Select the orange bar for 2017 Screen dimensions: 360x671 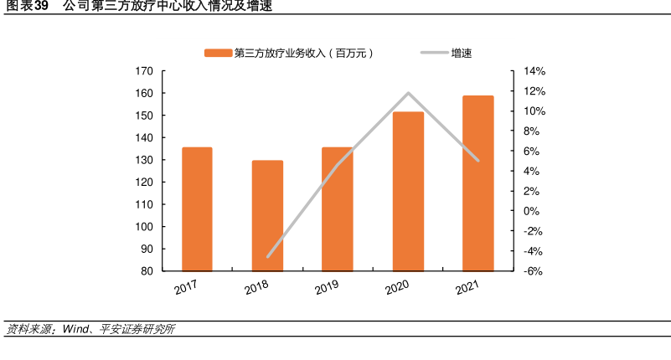197,209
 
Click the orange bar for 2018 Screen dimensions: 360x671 267,215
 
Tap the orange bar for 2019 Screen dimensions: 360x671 337,209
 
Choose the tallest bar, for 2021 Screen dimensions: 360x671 477,183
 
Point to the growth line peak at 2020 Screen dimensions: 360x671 408,93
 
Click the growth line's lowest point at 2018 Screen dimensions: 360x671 267,256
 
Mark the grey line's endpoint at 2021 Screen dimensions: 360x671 477,160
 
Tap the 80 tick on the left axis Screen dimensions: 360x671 147,271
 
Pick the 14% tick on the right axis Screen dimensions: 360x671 534,71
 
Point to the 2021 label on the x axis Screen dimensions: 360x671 467,289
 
